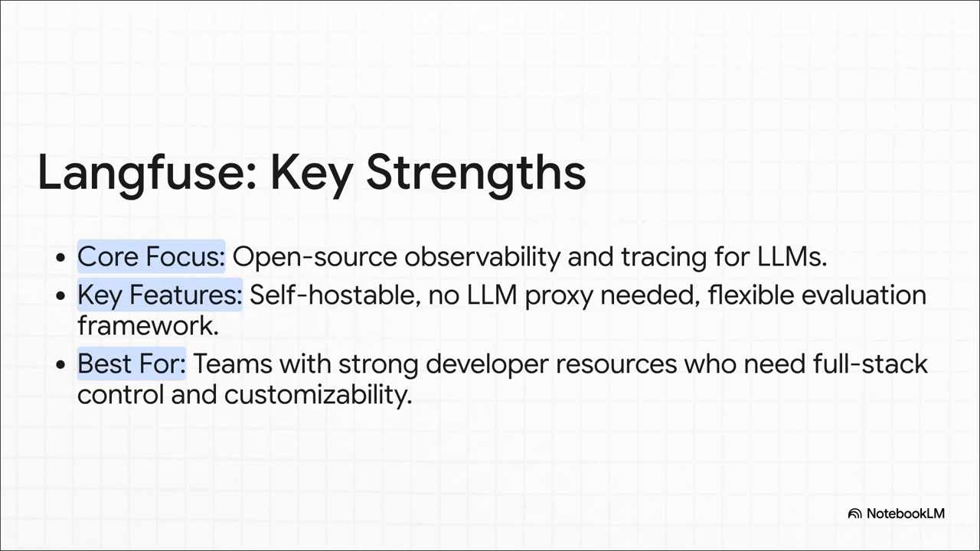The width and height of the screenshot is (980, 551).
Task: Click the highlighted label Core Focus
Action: (x=152, y=256)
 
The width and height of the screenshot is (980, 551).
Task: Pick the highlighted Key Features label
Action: (x=160, y=295)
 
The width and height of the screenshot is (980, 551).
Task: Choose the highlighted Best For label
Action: (x=132, y=364)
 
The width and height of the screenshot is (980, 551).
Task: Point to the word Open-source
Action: (x=315, y=257)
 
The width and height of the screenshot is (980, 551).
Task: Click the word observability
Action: (x=482, y=257)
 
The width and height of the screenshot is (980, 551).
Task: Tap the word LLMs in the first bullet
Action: (x=792, y=256)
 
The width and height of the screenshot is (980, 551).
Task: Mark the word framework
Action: (x=148, y=326)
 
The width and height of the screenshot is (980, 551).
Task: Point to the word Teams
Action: (x=233, y=364)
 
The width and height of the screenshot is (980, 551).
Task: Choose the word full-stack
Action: (x=871, y=364)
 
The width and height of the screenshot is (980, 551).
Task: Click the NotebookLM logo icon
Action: (x=854, y=514)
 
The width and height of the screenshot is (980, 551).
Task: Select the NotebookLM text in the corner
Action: (x=906, y=514)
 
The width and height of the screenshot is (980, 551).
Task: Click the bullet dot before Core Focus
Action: (x=60, y=258)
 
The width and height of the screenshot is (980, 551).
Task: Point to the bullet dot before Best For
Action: (x=60, y=364)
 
